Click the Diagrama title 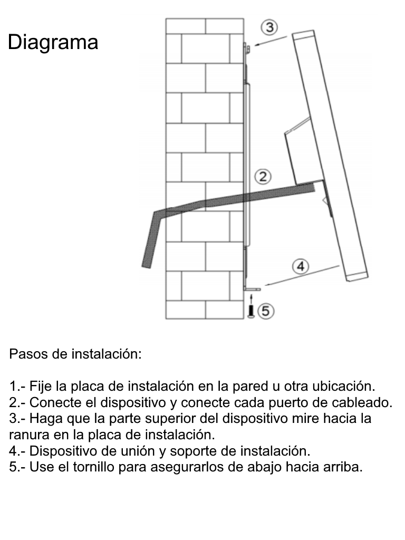coord(53,42)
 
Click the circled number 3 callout coord(269,27)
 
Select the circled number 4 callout coord(300,267)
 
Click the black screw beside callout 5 coord(251,312)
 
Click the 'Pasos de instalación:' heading coord(75,354)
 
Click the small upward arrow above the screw coord(251,298)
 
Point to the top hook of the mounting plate coord(246,49)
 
